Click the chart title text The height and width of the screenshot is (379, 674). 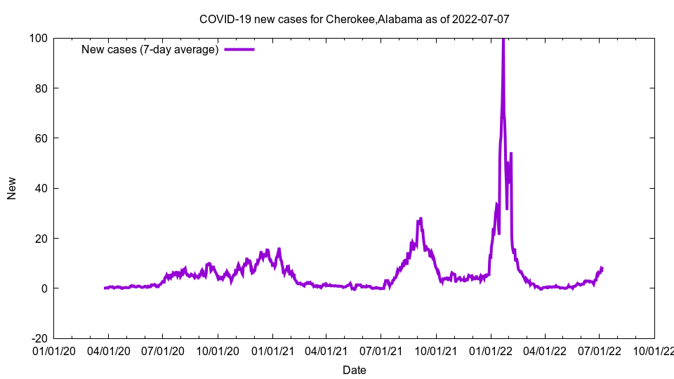354,19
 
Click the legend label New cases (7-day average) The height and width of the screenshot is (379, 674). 150,49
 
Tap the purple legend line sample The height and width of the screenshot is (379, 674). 239,49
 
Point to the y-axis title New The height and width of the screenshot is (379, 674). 12,188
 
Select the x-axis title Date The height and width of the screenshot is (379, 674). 354,370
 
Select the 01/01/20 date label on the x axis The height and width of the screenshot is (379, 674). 53,350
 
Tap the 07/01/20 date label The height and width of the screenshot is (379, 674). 162,350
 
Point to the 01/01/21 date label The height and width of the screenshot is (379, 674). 272,350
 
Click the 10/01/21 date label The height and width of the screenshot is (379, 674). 435,350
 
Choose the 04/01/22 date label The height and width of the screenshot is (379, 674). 544,350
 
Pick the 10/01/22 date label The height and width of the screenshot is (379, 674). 654,350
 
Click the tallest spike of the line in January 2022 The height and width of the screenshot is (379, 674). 503,41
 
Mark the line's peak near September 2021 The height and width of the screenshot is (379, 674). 420,219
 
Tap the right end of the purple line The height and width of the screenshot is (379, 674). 602,268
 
